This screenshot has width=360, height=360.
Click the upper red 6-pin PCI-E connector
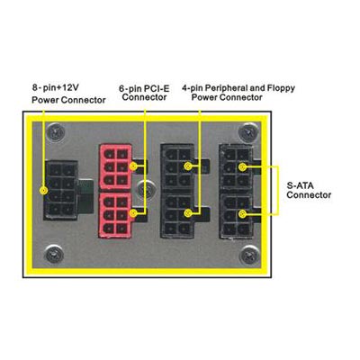[116, 167]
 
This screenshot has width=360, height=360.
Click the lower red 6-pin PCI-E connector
[116, 215]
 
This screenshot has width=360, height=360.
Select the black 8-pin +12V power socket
[61, 191]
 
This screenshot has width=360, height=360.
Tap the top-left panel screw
[57, 132]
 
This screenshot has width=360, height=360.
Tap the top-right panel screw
[247, 131]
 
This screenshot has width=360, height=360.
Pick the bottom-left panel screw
[54, 255]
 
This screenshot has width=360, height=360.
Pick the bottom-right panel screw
[250, 255]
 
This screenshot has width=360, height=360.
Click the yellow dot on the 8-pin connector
[44, 191]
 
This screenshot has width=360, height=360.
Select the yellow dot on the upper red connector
[133, 166]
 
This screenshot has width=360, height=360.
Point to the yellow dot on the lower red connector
[134, 213]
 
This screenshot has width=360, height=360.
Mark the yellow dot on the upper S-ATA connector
[242, 166]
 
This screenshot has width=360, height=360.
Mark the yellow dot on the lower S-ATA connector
[242, 214]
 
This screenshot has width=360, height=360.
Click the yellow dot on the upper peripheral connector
[188, 166]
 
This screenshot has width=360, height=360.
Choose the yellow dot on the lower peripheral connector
[188, 213]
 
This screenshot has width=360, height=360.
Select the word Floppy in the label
[280, 89]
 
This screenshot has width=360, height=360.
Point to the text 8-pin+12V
[56, 87]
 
